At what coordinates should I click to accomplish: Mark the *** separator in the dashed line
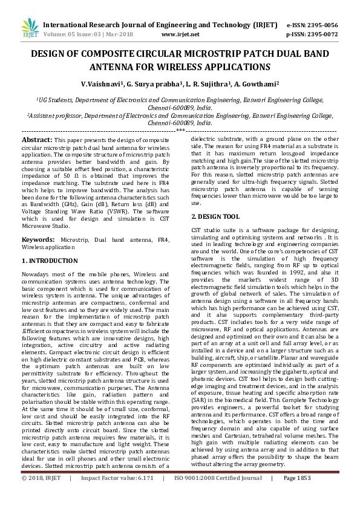pyautogui.click(x=180, y=130)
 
